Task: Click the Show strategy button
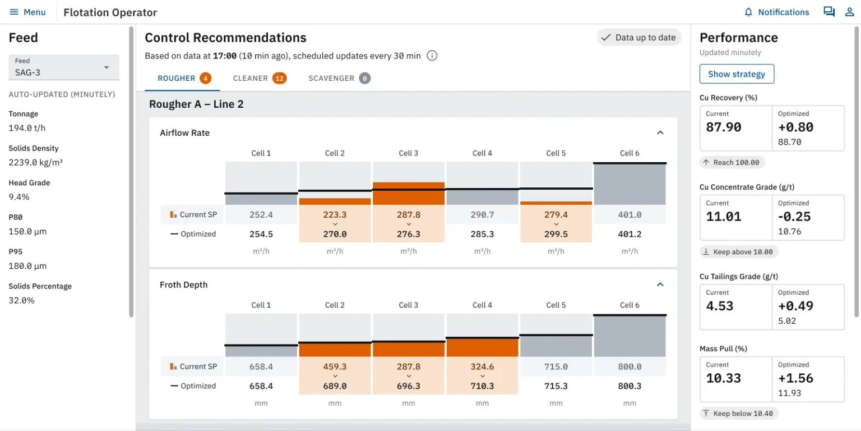737,74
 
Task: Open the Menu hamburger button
27,12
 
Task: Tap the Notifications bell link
776,12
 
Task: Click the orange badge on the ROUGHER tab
206,79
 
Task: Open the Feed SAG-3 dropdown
64,67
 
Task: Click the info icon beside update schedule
432,56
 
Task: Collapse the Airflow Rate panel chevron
660,133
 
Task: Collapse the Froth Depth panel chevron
660,285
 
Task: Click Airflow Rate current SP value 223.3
335,214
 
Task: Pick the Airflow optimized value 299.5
556,234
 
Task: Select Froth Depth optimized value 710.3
482,386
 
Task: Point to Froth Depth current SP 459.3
335,366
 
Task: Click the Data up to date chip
638,38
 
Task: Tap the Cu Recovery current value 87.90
724,127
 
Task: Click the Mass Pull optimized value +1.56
795,378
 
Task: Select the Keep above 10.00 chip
739,252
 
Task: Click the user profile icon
849,12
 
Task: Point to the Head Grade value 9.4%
19,197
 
